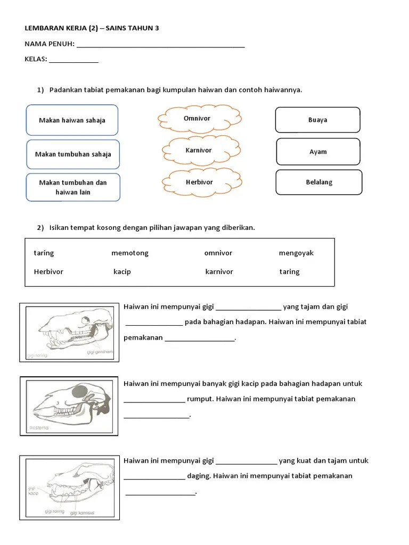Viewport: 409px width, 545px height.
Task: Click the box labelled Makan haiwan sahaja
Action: tap(72, 120)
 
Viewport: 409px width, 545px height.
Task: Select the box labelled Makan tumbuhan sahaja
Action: tap(73, 154)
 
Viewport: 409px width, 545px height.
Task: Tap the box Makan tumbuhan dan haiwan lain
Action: tap(73, 187)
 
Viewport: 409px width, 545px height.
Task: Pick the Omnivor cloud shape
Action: tap(198, 119)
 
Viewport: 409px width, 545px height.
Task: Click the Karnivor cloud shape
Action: tap(199, 151)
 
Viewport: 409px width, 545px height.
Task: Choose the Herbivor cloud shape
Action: tap(199, 182)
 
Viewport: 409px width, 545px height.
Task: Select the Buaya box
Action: tap(317, 120)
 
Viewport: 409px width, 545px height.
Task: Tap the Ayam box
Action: tap(318, 152)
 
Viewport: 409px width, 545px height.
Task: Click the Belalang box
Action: tap(319, 182)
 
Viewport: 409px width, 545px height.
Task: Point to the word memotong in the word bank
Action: tap(130, 253)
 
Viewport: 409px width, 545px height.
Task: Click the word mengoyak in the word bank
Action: tap(296, 253)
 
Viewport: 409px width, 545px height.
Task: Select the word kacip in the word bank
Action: tap(122, 272)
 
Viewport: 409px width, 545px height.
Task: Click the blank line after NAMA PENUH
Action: tap(161, 46)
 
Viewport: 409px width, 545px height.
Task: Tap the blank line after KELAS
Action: tap(74, 61)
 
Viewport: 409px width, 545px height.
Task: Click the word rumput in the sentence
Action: tap(199, 399)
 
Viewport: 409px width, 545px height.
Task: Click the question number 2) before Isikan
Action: tap(40, 228)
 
